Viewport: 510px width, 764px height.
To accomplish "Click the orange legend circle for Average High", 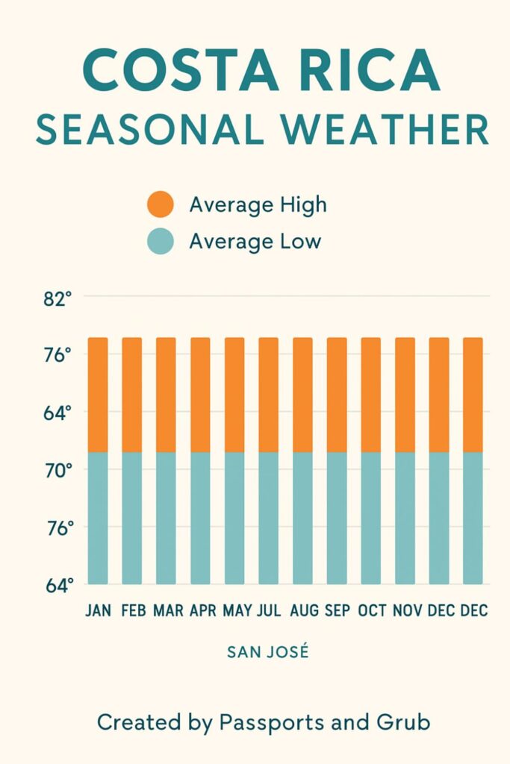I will [x=161, y=204].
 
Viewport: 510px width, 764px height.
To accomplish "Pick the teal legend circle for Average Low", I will [x=161, y=242].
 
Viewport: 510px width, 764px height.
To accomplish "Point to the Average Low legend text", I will [x=255, y=242].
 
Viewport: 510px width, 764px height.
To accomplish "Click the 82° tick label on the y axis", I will [x=57, y=299].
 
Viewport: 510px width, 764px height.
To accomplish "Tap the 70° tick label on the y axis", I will [x=57, y=471].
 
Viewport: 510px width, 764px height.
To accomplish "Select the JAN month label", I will [x=98, y=610].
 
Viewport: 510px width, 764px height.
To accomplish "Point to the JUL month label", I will [x=268, y=610].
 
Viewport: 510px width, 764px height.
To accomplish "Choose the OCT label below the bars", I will [x=371, y=610].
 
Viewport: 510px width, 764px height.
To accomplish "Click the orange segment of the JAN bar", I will [x=98, y=394].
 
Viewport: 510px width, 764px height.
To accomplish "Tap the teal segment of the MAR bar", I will [x=166, y=518].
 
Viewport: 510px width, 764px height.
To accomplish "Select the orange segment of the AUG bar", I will [x=302, y=394].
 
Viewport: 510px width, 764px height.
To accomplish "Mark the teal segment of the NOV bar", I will [x=405, y=518].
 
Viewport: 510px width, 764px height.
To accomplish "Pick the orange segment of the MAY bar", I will [x=234, y=394].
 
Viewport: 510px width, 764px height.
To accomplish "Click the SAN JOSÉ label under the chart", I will [x=267, y=652].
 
